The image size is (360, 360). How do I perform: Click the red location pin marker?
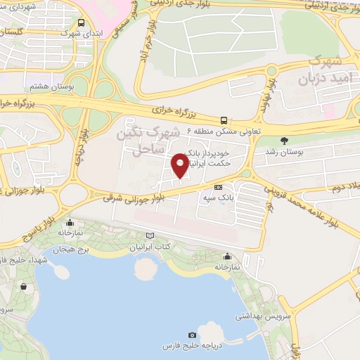(181, 165)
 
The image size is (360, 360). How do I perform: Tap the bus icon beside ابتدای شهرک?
(82, 22)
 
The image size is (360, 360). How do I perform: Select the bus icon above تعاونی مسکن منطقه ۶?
(224, 120)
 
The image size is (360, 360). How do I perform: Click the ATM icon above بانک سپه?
(218, 187)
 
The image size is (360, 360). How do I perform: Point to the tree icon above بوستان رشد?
(283, 140)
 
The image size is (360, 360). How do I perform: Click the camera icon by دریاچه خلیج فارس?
(193, 335)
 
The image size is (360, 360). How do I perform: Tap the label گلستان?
(15, 33)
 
